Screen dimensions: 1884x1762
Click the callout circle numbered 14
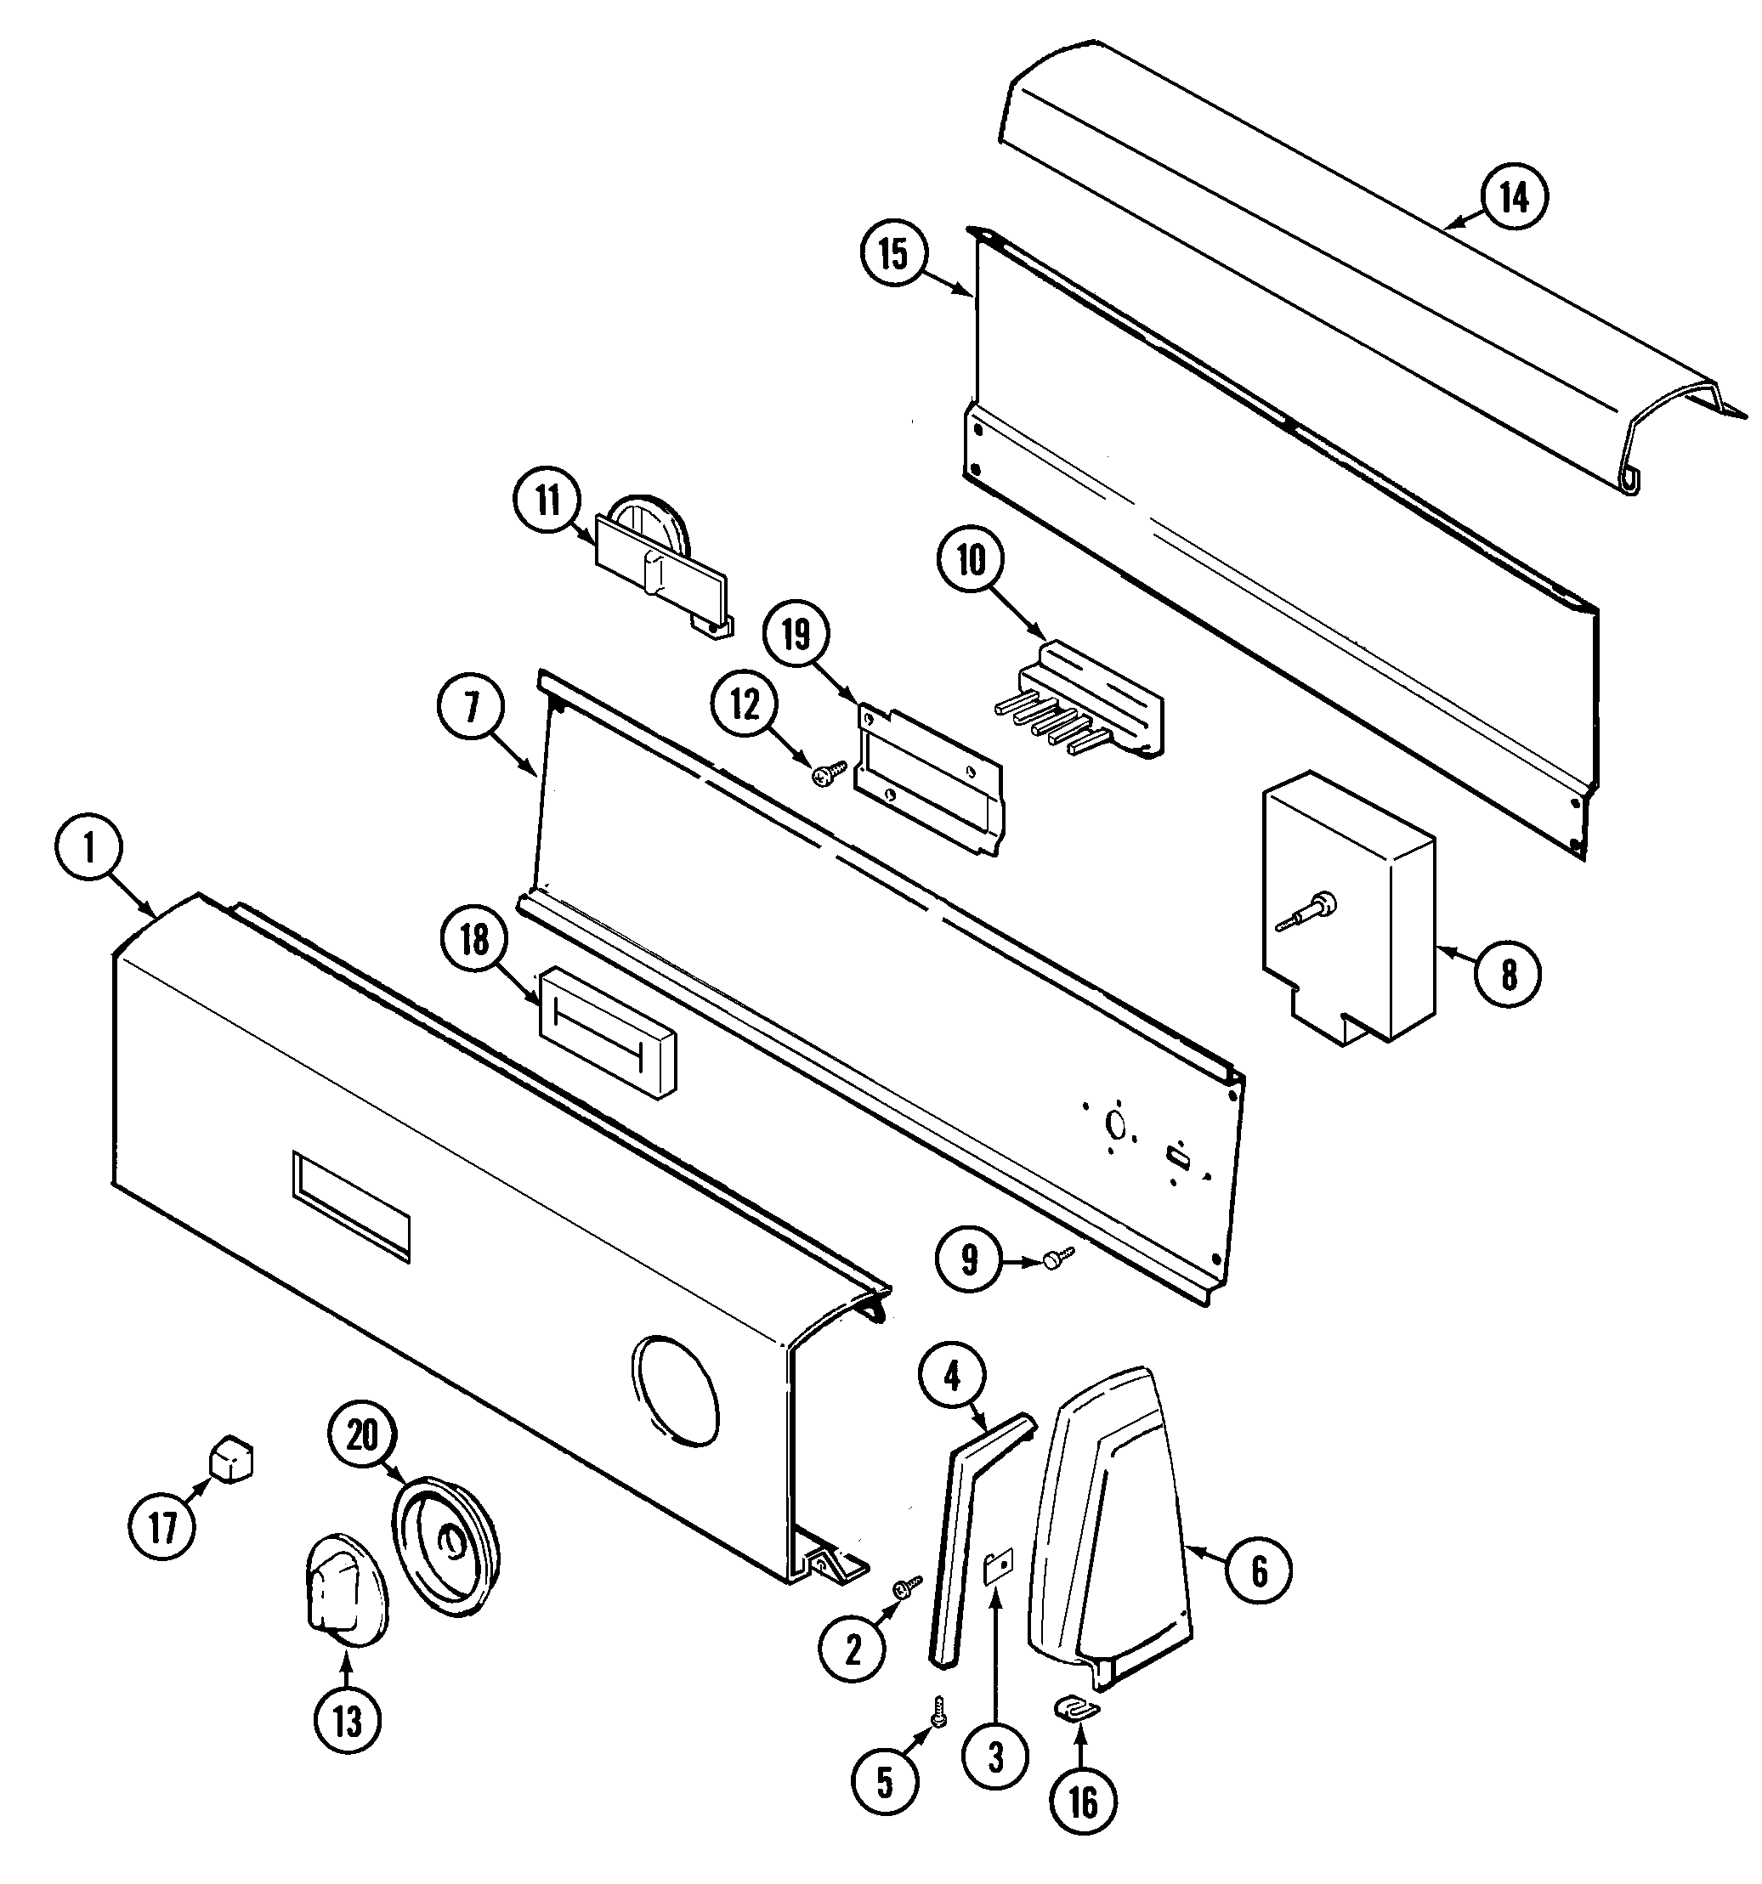coord(1514,199)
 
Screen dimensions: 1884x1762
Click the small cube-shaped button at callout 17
coord(231,1457)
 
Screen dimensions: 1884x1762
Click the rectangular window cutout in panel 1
coord(352,1208)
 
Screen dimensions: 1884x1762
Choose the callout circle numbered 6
coord(1258,1572)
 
